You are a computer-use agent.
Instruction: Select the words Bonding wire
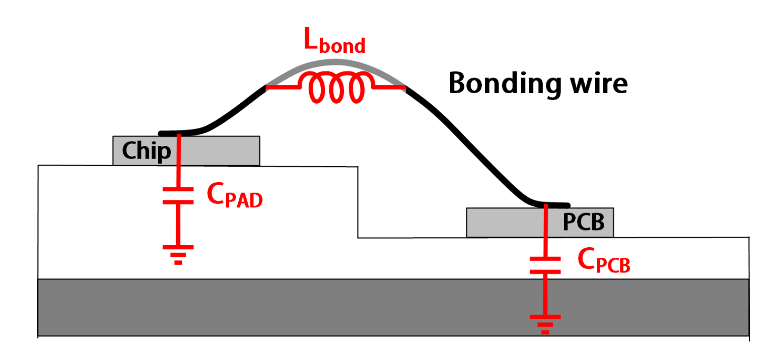pos(538,83)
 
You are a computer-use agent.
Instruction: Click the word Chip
pos(147,151)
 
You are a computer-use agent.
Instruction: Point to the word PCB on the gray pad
pos(584,222)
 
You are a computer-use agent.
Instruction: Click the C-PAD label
pos(235,197)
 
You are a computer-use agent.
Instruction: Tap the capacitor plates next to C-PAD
pos(178,195)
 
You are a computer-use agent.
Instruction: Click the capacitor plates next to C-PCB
pos(545,265)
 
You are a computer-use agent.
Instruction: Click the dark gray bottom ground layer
pos(393,307)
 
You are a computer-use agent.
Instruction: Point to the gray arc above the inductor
pos(335,63)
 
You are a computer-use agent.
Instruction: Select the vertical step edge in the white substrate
pos(358,201)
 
